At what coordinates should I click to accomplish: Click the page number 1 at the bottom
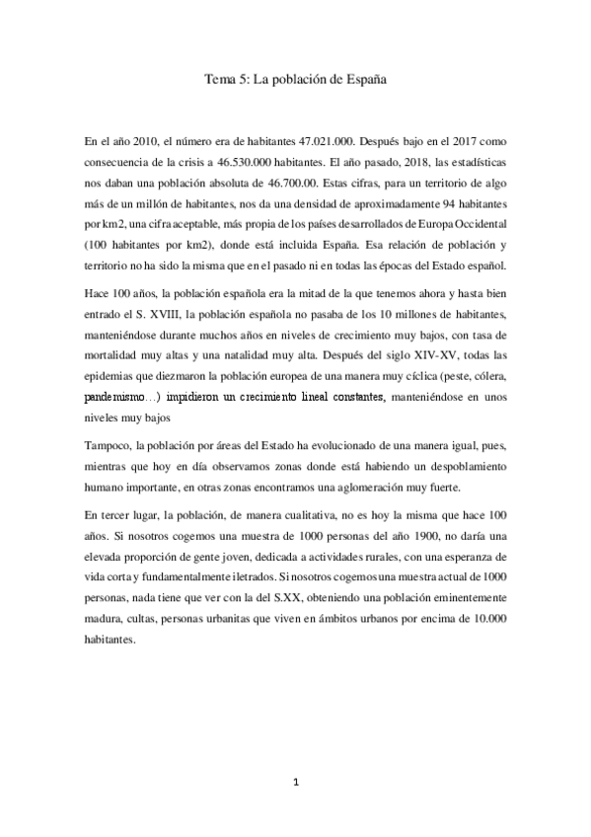296,782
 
